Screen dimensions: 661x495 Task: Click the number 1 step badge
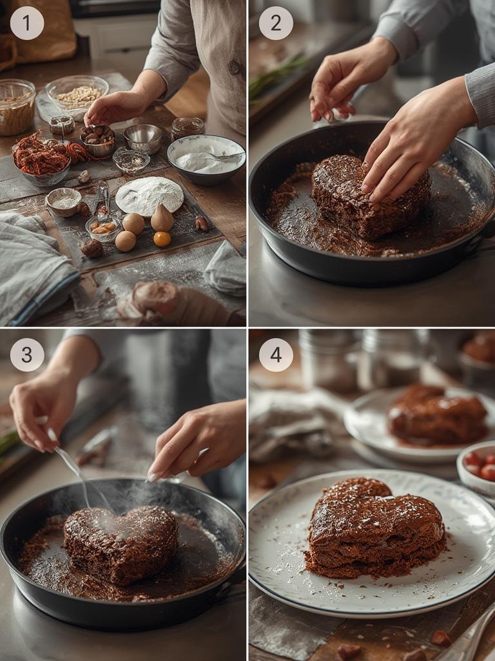point(27,23)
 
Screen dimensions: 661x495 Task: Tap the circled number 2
point(276,23)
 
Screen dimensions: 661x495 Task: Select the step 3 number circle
point(27,354)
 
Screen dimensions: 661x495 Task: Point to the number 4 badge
point(276,354)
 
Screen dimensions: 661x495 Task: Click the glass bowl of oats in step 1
point(77,94)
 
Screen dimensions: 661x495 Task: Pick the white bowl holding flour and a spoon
point(206,158)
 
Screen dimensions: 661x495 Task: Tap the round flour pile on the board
point(150,195)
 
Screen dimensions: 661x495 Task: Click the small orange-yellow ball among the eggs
point(162,239)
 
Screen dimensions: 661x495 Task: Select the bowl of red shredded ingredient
point(42,159)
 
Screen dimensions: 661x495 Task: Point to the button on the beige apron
point(234,66)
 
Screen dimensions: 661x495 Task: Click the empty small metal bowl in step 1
point(143,137)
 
